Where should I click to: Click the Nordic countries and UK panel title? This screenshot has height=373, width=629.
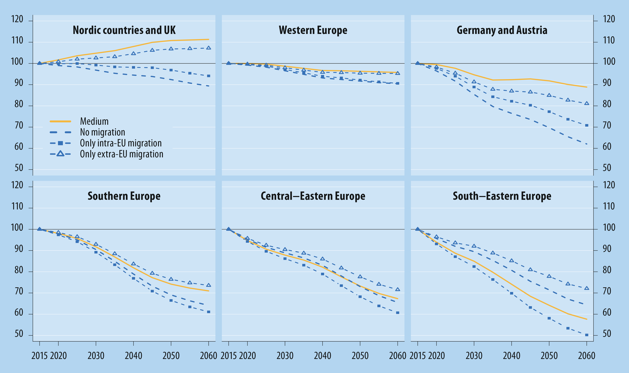124,30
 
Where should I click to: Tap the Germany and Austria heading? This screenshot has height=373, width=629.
502,30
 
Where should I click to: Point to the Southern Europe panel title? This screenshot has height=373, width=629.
124,196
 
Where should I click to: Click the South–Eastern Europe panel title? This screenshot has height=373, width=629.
502,196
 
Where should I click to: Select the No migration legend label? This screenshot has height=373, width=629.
102,132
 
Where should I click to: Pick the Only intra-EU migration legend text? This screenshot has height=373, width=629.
121,143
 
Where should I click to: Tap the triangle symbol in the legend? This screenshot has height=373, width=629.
60,154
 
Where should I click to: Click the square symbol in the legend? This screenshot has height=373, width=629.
60,143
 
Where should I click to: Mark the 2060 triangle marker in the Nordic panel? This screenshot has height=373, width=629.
208,48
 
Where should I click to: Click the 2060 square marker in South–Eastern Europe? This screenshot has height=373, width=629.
587,335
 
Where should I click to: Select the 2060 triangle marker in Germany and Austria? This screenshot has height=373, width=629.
587,103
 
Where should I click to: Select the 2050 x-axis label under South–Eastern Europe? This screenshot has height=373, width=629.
549,356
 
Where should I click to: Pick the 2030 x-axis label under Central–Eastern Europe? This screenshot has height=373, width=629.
285,356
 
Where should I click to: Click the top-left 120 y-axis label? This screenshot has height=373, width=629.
17,19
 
